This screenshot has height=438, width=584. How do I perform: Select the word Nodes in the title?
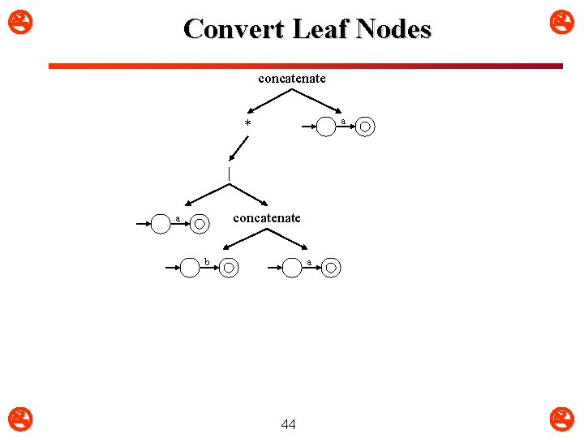pyautogui.click(x=394, y=29)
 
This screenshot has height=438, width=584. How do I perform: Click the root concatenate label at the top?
pyautogui.click(x=292, y=79)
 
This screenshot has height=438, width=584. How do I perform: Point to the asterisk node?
pyautogui.click(x=248, y=124)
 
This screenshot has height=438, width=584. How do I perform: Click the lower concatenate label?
pyautogui.click(x=267, y=217)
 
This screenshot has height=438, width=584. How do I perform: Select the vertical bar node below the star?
pyautogui.click(x=230, y=174)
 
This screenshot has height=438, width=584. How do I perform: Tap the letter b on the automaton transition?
pyautogui.click(x=206, y=261)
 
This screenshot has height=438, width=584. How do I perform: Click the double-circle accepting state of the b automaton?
pyautogui.click(x=230, y=268)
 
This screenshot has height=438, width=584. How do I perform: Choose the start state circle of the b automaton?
pyautogui.click(x=189, y=268)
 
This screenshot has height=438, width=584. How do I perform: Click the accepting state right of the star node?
pyautogui.click(x=366, y=127)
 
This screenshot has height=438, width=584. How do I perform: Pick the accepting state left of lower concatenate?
pyautogui.click(x=200, y=223)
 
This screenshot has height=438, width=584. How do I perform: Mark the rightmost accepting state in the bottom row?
pyautogui.click(x=329, y=268)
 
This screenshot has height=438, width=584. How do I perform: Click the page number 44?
pyautogui.click(x=288, y=424)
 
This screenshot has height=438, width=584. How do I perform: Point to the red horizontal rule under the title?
pyautogui.click(x=305, y=66)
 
